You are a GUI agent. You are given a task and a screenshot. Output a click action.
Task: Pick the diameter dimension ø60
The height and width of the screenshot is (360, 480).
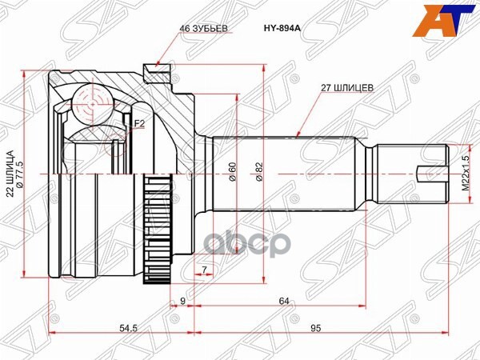(x=232, y=172)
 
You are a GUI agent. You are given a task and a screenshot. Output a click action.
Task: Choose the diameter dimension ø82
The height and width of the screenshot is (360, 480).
(x=258, y=172)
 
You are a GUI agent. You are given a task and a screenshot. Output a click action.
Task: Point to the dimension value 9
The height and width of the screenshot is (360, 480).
(x=183, y=301)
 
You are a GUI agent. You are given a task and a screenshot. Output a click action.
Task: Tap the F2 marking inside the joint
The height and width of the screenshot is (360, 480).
(x=139, y=123)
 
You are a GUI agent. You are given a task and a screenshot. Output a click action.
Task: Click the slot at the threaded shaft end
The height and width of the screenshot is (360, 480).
(x=431, y=172)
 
